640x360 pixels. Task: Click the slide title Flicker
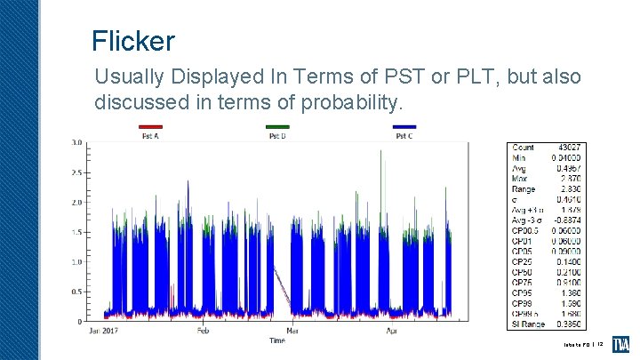click(133, 41)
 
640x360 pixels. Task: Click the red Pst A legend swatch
click(151, 127)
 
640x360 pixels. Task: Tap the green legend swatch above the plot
click(278, 127)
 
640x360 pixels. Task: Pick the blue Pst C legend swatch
click(404, 127)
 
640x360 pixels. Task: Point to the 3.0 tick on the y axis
click(77, 142)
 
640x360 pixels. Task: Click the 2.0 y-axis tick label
click(77, 202)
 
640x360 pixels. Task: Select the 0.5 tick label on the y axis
click(77, 292)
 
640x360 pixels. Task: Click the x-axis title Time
click(278, 340)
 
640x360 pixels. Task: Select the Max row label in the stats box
click(521, 179)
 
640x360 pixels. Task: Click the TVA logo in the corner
click(622, 344)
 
